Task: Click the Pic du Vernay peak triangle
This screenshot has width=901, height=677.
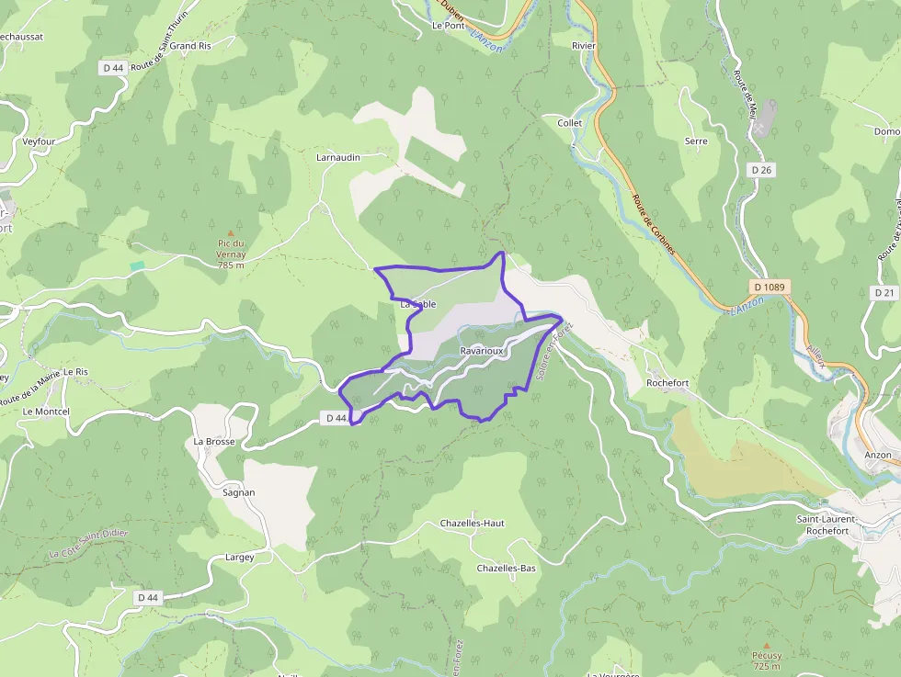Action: pos(230,233)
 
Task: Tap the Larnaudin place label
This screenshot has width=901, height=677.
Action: pos(338,157)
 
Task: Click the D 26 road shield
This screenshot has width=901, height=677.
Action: pos(760,170)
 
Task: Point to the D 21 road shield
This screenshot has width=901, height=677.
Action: pos(884,292)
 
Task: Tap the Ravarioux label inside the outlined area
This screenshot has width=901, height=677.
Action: pos(483,352)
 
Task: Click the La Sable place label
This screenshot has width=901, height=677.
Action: pos(417,304)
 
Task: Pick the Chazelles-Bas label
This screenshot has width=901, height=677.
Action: pos(506,569)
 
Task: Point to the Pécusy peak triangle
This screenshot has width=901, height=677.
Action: pos(766,646)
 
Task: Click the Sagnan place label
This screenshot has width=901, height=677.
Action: pos(239,492)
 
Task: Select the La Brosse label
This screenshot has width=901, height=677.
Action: pos(214,441)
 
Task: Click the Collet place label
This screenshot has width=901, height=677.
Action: pos(570,122)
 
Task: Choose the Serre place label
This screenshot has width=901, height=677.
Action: pos(696,141)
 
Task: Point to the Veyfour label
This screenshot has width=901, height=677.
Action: pos(40,141)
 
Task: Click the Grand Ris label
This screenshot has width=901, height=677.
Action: pos(190,45)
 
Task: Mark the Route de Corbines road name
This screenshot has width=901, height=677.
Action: pos(654,224)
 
